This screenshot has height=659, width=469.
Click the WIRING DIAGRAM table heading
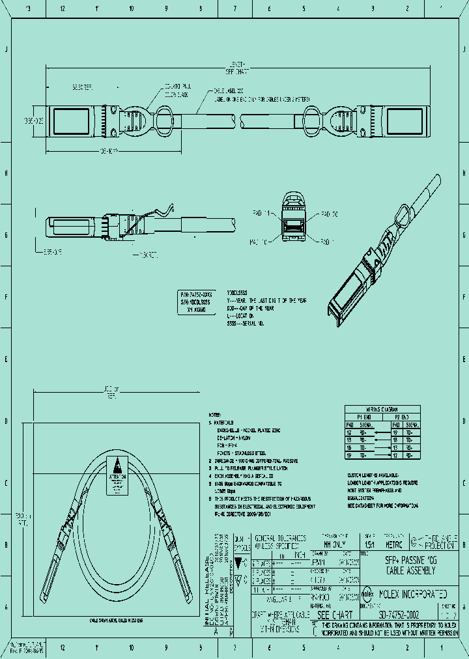382,408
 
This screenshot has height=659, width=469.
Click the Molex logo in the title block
367,595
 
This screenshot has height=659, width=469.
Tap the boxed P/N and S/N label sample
198,303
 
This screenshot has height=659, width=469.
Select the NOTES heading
216,414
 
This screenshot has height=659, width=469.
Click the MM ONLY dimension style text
334,544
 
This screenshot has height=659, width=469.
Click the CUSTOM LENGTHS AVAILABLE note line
377,476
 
